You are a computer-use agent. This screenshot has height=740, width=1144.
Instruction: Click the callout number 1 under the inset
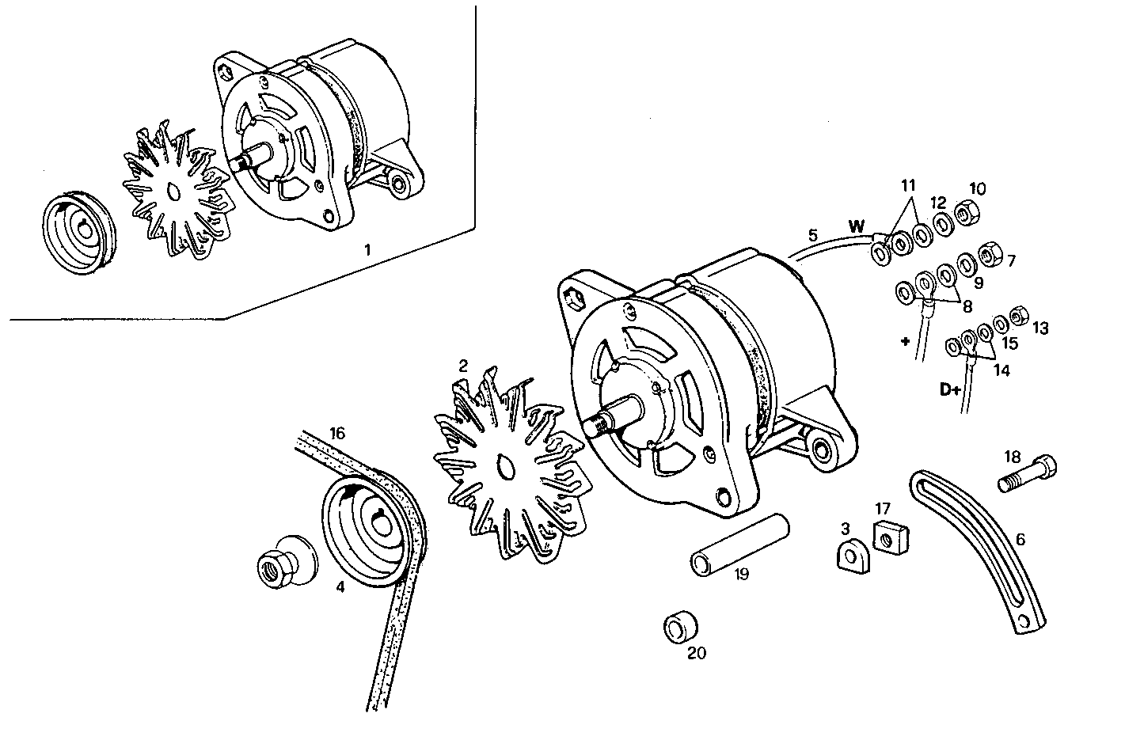(367, 250)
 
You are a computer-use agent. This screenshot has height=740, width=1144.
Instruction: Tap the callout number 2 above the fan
(463, 366)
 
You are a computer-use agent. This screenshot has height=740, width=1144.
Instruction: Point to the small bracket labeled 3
(852, 554)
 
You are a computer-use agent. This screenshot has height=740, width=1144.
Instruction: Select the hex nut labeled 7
(989, 255)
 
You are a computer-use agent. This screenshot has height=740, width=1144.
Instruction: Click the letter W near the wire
(857, 226)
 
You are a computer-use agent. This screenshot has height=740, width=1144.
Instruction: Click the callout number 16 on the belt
(338, 433)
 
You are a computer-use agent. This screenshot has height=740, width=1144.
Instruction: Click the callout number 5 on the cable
(812, 235)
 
